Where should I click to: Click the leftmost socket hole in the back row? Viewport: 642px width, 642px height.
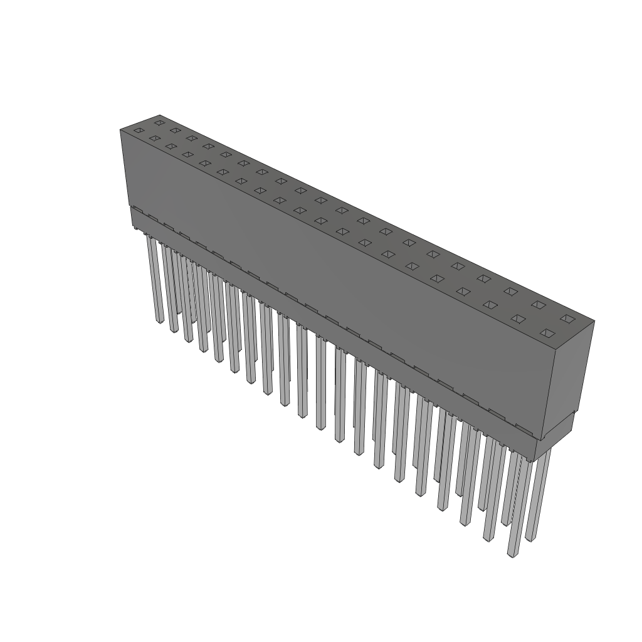pos(159,122)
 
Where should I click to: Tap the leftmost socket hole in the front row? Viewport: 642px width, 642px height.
pos(139,130)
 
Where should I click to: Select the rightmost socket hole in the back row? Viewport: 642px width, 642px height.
pos(567,318)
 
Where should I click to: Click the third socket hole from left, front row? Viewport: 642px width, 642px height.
pos(170,146)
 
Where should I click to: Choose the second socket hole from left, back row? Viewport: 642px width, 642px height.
pos(175,130)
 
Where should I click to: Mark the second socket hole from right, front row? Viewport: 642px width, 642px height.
pos(518,318)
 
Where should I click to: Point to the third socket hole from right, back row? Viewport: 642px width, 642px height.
pos(510,291)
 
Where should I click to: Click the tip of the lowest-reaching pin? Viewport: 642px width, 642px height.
pos(513,554)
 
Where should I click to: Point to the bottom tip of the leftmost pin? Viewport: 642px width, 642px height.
pos(158,320)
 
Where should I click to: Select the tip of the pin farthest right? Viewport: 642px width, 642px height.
pos(530,539)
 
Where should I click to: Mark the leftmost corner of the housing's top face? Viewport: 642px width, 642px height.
pos(120,129)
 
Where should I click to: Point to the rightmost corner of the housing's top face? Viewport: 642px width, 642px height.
pos(594,322)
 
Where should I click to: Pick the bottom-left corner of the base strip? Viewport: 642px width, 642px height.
pos(131,225)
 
